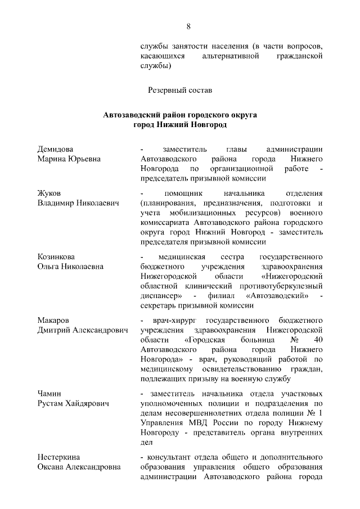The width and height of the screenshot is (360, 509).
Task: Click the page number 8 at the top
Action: pos(188,26)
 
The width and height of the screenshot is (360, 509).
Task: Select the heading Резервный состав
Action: pos(180,89)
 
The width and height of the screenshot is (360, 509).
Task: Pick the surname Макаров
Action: pos(54,321)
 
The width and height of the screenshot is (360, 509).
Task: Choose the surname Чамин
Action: pos(49,394)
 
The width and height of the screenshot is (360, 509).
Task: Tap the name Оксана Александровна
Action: pos(80,467)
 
